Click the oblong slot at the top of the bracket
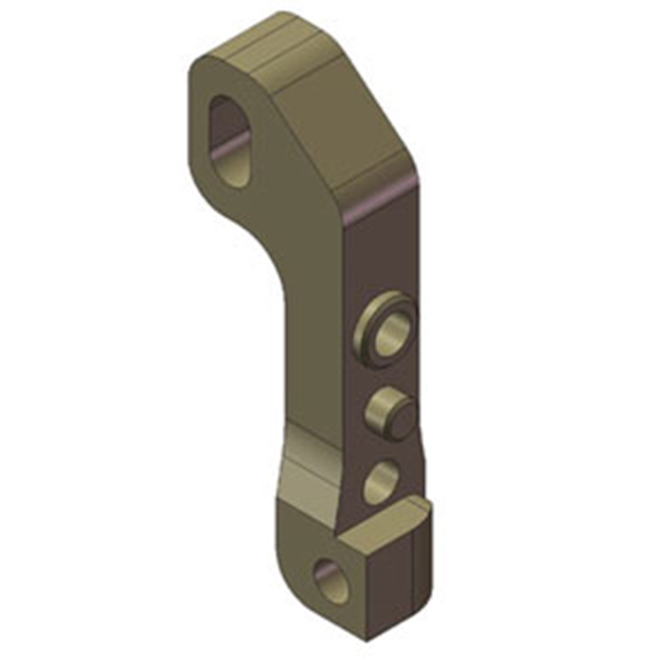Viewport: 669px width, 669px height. [229, 138]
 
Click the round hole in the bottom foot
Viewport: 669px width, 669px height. [328, 580]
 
